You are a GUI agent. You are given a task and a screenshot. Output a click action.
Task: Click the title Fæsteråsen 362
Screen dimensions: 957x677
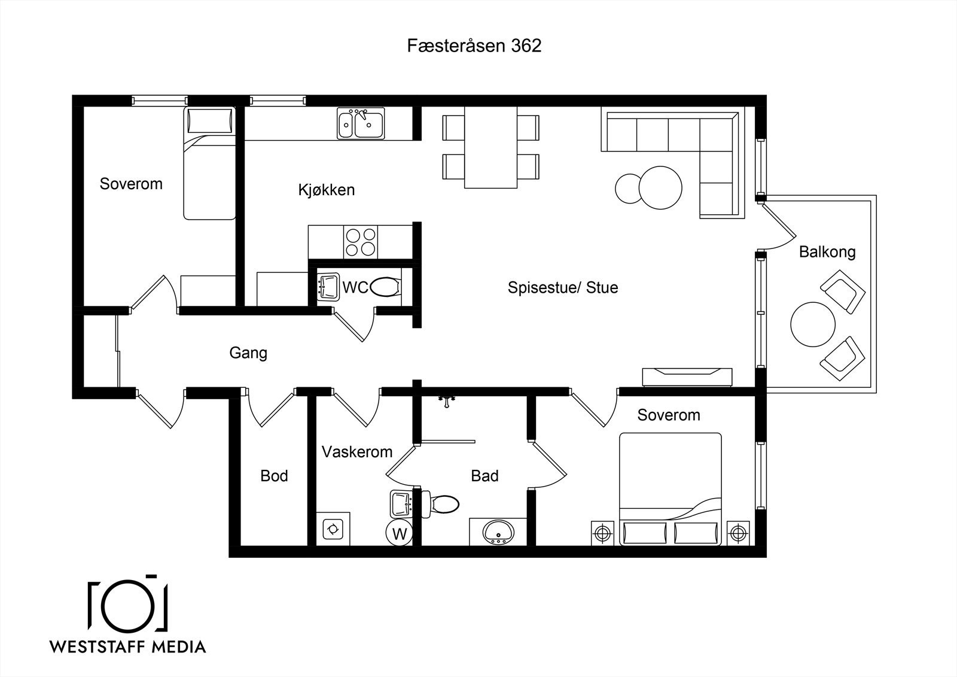pyautogui.click(x=474, y=45)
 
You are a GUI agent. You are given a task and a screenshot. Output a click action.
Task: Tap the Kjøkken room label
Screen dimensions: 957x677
pyautogui.click(x=327, y=190)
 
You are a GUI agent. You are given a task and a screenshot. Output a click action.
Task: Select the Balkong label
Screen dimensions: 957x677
pyautogui.click(x=827, y=252)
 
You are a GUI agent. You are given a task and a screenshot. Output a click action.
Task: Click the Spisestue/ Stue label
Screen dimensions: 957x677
pyautogui.click(x=563, y=287)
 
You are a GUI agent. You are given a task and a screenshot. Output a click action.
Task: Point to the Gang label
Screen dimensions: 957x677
pyautogui.click(x=248, y=353)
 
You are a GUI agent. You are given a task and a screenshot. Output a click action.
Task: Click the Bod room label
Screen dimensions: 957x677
pyautogui.click(x=274, y=475)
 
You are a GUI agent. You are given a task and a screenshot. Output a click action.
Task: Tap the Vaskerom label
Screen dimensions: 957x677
pyautogui.click(x=356, y=451)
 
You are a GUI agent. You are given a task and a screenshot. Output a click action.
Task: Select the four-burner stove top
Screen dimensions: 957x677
pyautogui.click(x=360, y=242)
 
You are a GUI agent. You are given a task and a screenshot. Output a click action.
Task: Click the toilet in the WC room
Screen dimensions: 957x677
pyautogui.click(x=385, y=287)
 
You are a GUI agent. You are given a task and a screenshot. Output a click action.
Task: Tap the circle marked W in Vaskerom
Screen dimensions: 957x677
pyautogui.click(x=399, y=533)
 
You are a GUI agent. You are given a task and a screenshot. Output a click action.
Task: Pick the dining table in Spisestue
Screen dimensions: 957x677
pyautogui.click(x=491, y=147)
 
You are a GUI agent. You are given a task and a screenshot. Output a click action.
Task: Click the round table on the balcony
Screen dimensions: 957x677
pyautogui.click(x=813, y=324)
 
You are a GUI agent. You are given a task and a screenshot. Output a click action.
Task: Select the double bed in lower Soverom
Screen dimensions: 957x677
pyautogui.click(x=670, y=489)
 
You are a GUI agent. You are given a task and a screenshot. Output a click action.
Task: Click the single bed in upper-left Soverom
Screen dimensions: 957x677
pyautogui.click(x=210, y=163)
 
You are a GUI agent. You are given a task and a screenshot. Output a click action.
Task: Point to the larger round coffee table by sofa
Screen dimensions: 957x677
pyautogui.click(x=660, y=188)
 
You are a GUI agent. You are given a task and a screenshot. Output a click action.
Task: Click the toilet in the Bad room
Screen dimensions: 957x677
pyautogui.click(x=440, y=504)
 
